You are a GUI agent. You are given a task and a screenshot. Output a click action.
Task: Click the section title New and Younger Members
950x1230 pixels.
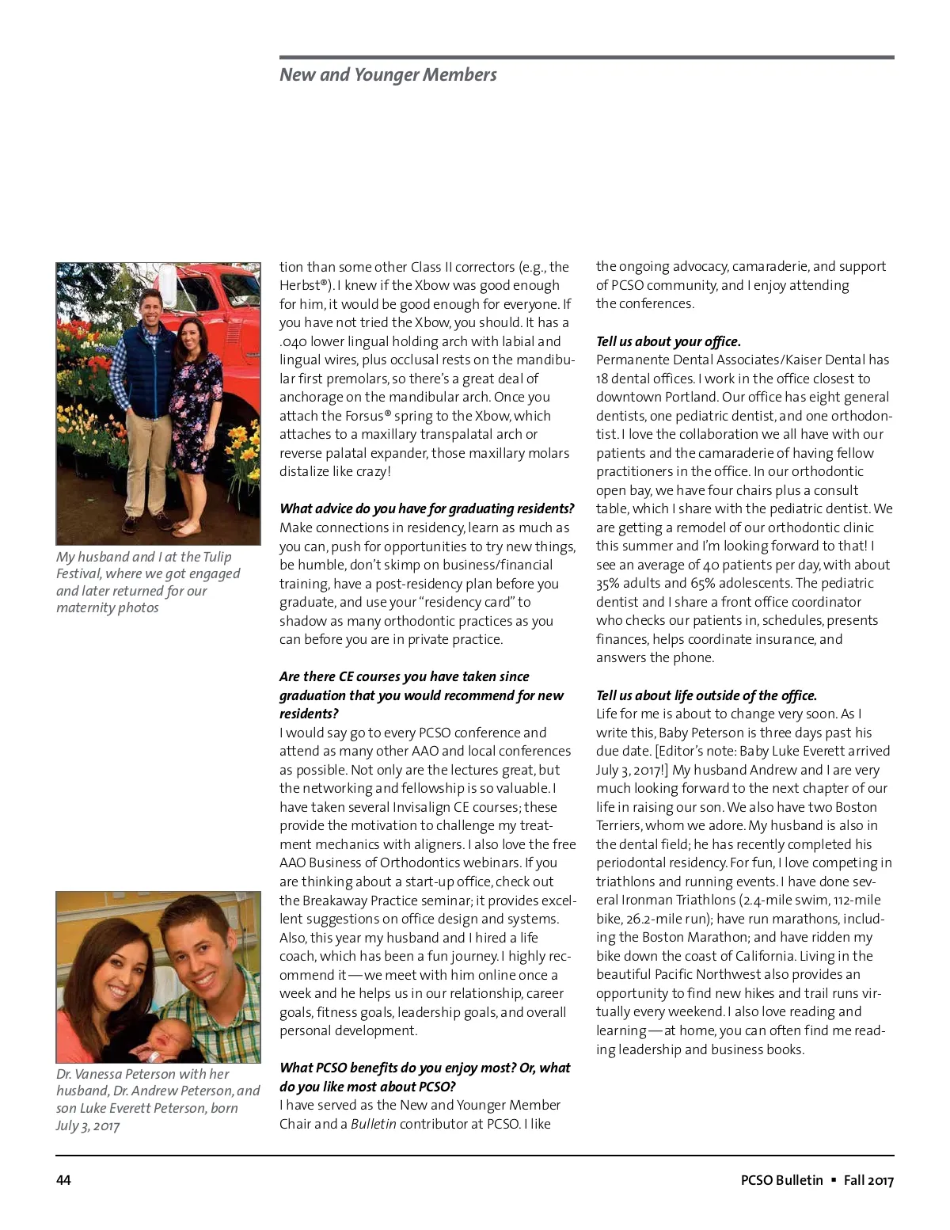pos(388,74)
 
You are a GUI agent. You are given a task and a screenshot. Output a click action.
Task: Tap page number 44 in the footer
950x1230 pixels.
pos(63,1180)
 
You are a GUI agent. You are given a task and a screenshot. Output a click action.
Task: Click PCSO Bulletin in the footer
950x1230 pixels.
pos(781,1180)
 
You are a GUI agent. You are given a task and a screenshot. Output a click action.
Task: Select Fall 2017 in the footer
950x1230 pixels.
pos(868,1180)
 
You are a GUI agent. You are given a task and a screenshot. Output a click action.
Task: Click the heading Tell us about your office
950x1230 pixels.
pos(668,341)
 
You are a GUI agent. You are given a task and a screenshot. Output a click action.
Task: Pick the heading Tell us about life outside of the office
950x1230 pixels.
pos(706,695)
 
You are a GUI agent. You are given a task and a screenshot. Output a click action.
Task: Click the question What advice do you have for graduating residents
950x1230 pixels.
pos(427,508)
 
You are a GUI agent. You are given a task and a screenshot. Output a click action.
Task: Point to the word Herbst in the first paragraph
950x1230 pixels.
pos(298,285)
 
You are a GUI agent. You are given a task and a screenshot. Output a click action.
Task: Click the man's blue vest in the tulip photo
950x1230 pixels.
pos(148,348)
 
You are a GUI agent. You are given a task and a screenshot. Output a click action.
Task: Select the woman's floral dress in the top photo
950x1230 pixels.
pos(192,412)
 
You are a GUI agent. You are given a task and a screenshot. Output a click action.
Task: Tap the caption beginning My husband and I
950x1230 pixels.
pos(147,582)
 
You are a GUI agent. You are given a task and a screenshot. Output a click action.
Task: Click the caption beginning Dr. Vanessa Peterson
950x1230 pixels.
pos(158,1099)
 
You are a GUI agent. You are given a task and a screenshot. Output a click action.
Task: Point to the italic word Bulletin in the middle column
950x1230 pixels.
pos(374,1124)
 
